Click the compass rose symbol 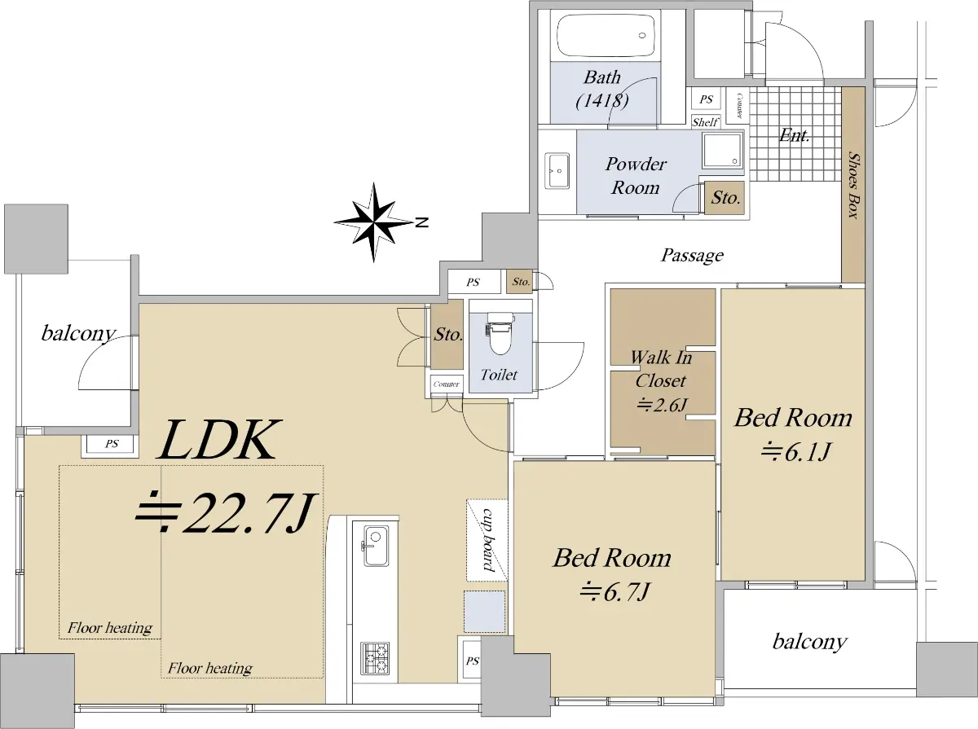[373, 222]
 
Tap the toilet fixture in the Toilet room [500, 333]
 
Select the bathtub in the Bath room [606, 36]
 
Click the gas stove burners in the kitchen [375, 659]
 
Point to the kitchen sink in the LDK [376, 546]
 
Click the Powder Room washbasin [557, 171]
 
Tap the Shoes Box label [853, 185]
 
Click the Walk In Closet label [661, 369]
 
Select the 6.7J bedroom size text [615, 592]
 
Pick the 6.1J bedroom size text [795, 451]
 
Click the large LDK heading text [220, 440]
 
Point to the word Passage [692, 256]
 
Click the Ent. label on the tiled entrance [795, 135]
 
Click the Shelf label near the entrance [705, 121]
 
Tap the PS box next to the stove [471, 661]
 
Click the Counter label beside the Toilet [446, 384]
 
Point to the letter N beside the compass [421, 222]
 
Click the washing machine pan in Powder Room [722, 151]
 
